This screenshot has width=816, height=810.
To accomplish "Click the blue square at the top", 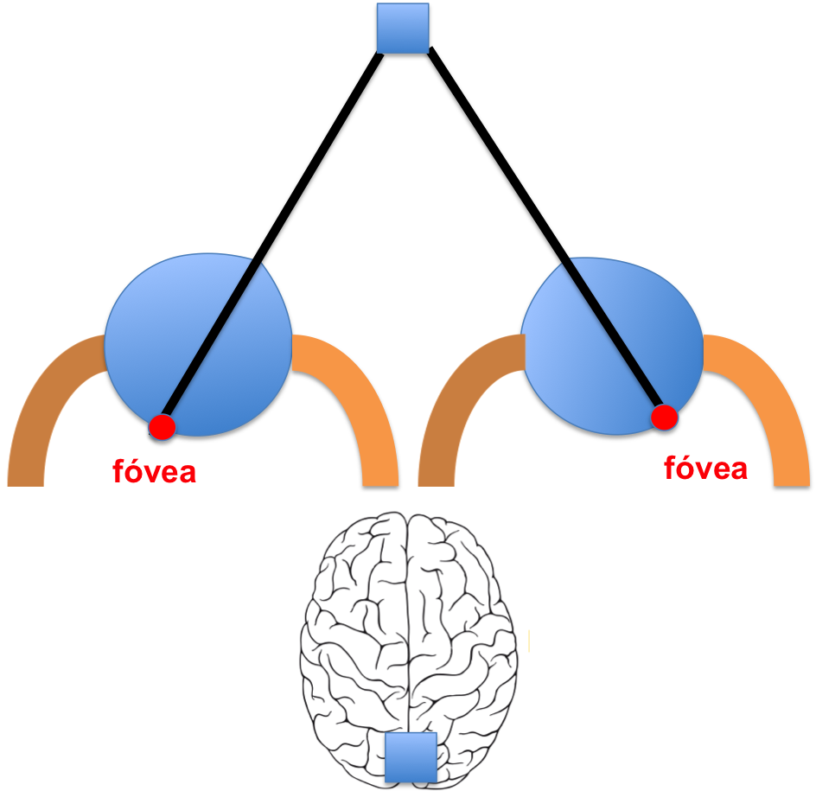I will pyautogui.click(x=403, y=29).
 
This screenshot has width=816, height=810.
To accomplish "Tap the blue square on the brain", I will pyautogui.click(x=411, y=757).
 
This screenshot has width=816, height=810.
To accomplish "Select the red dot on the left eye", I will pyautogui.click(x=162, y=426).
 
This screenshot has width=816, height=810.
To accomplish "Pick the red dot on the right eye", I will pyautogui.click(x=664, y=418).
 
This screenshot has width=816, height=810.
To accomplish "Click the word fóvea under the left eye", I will pyautogui.click(x=155, y=472).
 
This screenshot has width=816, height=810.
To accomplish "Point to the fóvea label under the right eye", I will pyautogui.click(x=705, y=469).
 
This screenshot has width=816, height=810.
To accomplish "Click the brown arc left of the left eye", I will pyautogui.click(x=43, y=398).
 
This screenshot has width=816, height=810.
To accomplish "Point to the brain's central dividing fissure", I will pyautogui.click(x=409, y=622).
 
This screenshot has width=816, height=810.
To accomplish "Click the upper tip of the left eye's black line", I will pyautogui.click(x=255, y=263).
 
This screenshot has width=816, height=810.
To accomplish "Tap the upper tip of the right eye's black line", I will pyautogui.click(x=568, y=263).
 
